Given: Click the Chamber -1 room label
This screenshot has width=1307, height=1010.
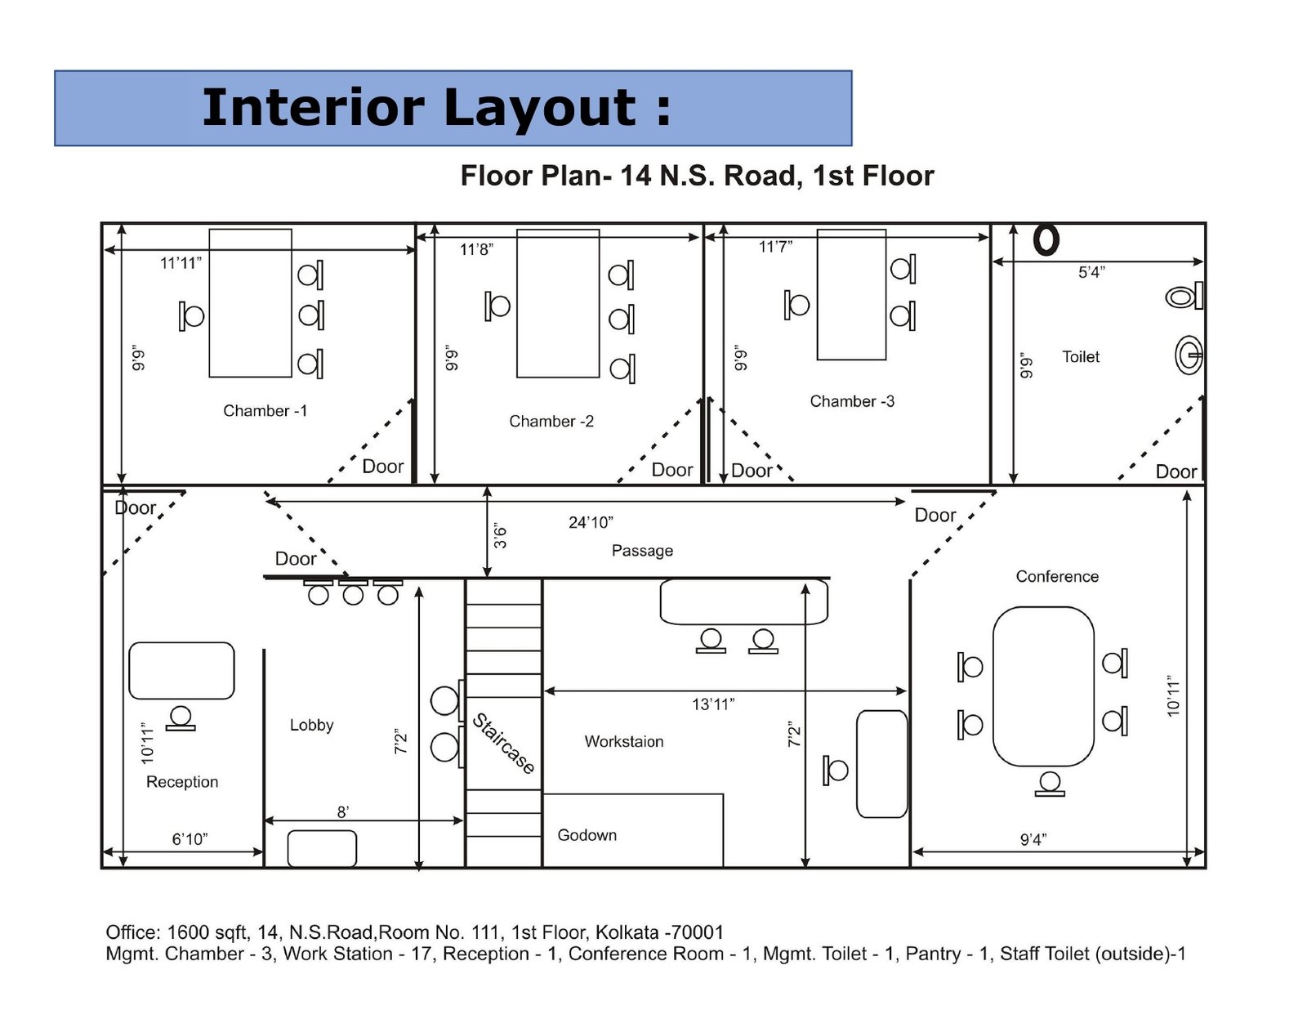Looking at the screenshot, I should (x=265, y=410).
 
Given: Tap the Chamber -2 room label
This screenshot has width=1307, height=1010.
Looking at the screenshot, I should (x=551, y=421).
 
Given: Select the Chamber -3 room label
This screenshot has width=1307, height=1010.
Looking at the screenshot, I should (x=852, y=401).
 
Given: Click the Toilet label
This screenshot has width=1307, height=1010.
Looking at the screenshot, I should (x=1081, y=356).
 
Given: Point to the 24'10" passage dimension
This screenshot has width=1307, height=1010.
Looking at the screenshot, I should (x=591, y=522).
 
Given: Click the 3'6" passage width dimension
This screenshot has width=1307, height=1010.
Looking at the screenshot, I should (x=500, y=536).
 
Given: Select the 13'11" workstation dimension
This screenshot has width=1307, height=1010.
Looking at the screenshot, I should (x=713, y=704).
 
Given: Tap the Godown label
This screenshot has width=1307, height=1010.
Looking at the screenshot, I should (x=587, y=835).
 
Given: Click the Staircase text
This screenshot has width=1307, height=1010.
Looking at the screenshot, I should (x=504, y=744).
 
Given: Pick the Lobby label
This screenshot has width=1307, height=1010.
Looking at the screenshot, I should (x=311, y=725).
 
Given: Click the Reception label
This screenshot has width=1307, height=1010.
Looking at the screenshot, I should (x=182, y=782).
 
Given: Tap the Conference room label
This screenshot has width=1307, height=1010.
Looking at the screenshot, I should (x=1057, y=576).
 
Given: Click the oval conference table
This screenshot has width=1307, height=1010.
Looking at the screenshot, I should (x=1043, y=686).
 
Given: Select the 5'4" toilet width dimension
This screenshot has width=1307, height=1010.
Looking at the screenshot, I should (x=1091, y=272).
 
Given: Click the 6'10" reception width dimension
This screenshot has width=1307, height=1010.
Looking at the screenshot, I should (x=190, y=839).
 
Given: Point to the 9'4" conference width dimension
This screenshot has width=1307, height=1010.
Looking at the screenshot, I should (x=1033, y=840).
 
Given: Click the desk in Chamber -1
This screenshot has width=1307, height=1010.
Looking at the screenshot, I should (x=250, y=303).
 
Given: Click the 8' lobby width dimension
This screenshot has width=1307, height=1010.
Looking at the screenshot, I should (x=343, y=811).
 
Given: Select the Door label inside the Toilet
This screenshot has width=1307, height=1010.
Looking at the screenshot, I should (x=1175, y=471).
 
